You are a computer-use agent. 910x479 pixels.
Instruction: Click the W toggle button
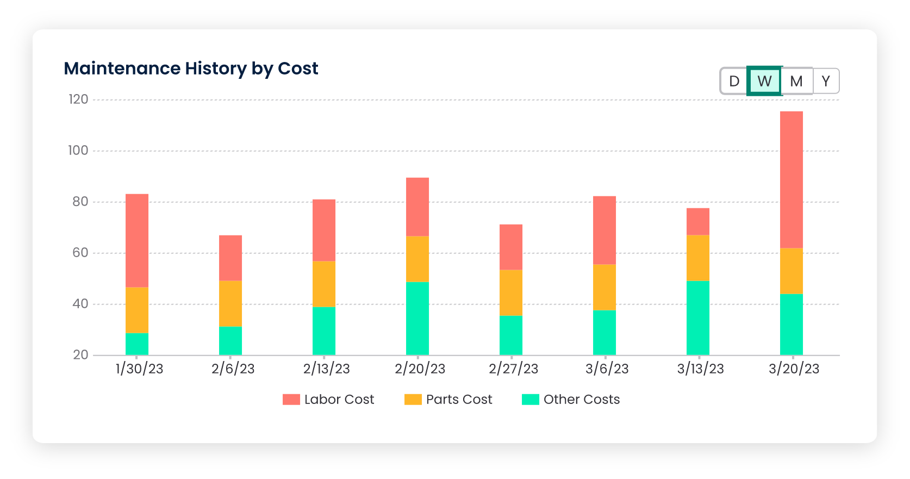(x=764, y=81)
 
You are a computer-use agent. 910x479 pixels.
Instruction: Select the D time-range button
(x=734, y=81)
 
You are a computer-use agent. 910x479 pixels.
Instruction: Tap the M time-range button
(x=796, y=81)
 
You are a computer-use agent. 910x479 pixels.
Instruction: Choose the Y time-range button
(x=826, y=81)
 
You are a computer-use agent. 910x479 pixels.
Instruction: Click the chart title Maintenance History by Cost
(x=191, y=69)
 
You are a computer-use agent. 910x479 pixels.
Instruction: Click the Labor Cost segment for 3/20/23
(x=791, y=179)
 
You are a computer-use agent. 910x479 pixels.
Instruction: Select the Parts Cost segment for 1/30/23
(x=137, y=310)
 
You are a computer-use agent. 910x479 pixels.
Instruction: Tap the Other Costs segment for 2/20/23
(x=417, y=318)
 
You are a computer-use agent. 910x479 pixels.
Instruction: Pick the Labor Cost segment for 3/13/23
(x=697, y=221)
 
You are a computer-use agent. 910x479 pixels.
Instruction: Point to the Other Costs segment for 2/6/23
(x=230, y=340)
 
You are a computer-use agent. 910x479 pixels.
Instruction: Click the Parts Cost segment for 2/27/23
(x=511, y=293)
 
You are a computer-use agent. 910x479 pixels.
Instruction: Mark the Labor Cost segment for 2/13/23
(x=324, y=230)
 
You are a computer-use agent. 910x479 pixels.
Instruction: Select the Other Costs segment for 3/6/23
(x=604, y=332)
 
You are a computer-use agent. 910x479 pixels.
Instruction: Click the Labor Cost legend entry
(x=328, y=400)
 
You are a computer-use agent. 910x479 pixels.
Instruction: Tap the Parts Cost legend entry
(x=448, y=400)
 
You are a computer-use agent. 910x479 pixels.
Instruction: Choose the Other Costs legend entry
(x=571, y=400)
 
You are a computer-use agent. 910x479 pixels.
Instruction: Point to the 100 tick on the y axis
(x=78, y=151)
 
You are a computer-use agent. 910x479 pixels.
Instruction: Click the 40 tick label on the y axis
(x=80, y=304)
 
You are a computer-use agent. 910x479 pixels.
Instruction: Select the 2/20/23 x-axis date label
(x=420, y=369)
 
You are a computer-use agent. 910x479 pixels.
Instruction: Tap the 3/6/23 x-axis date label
(x=607, y=369)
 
